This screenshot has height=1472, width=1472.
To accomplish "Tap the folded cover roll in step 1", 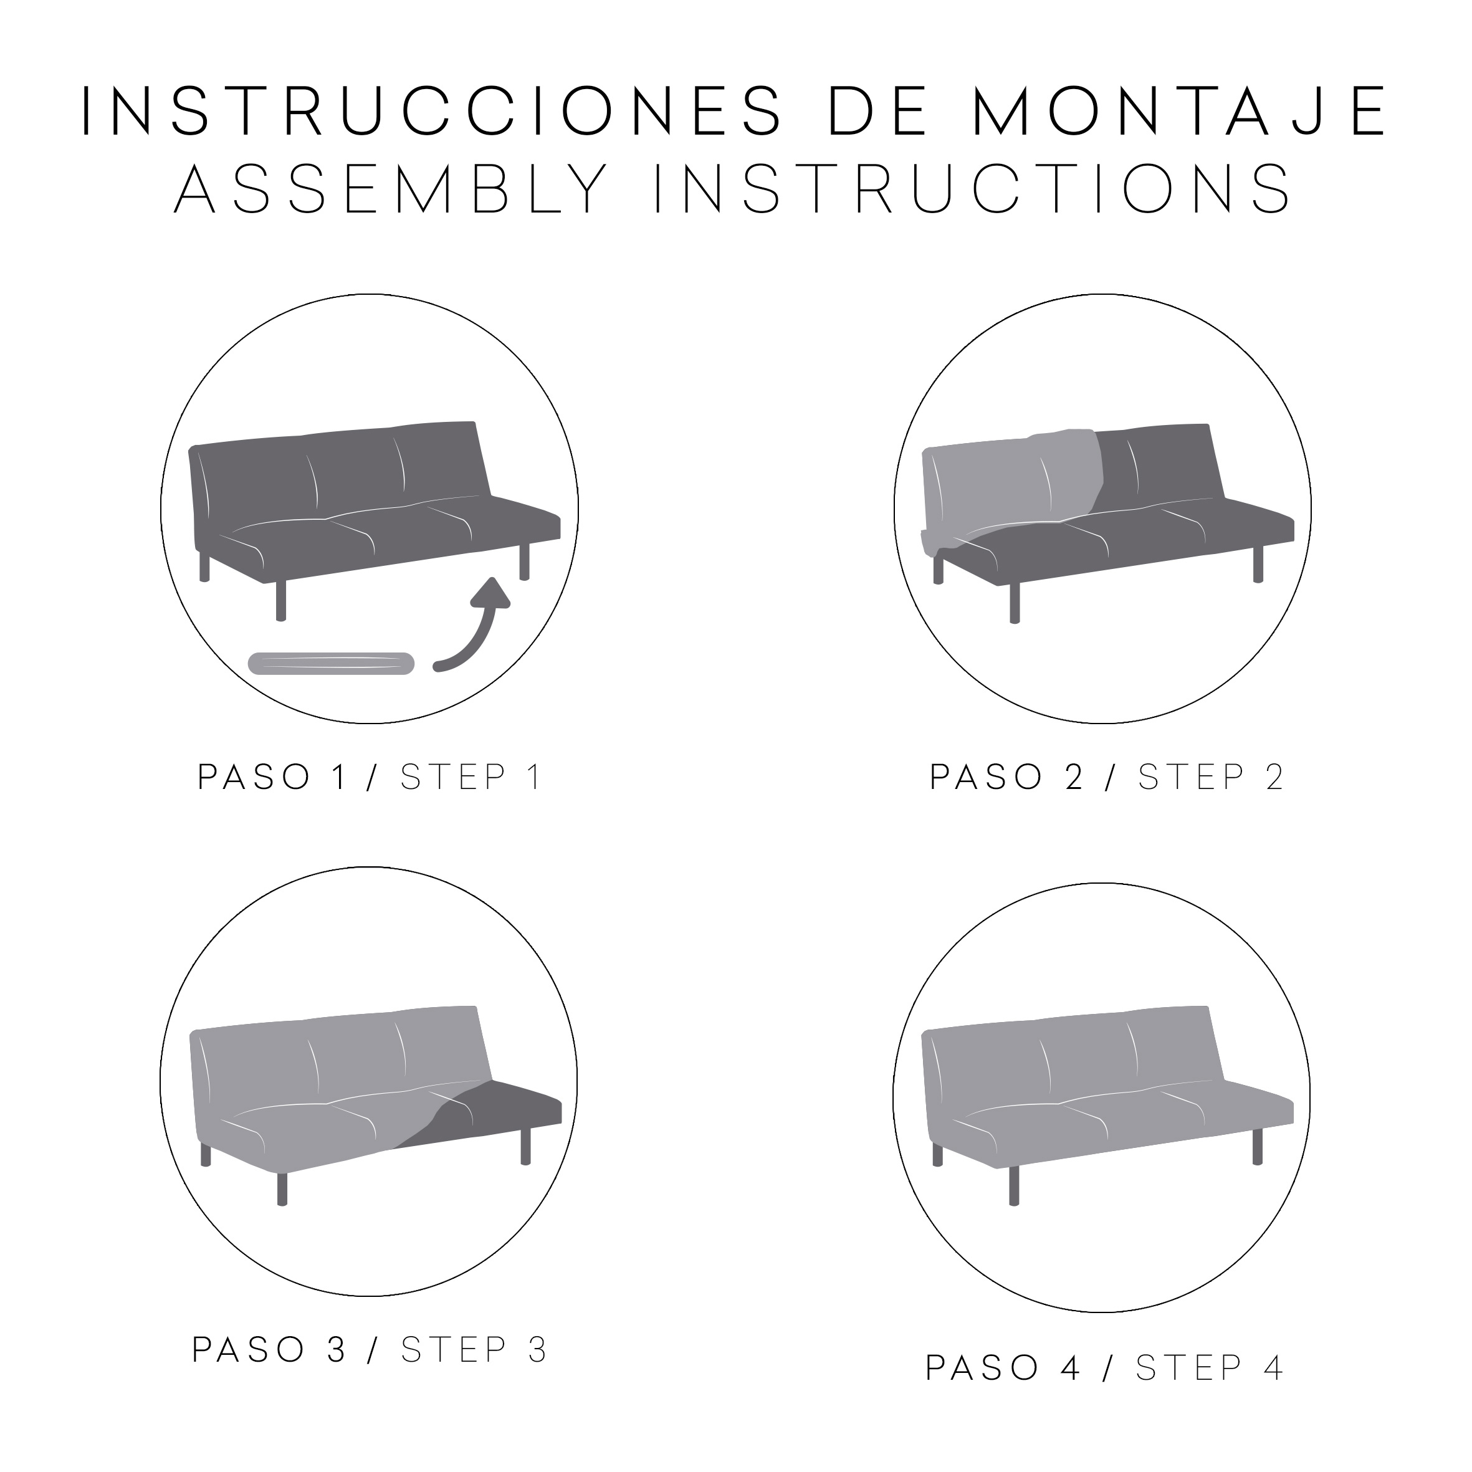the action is coord(332,663).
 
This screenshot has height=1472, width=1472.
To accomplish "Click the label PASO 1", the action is coord(274,777).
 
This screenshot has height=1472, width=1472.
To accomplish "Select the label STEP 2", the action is coord(1212,777).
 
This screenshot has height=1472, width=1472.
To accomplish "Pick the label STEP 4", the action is coord(1210,1369).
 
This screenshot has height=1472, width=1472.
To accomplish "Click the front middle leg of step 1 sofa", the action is coord(280,602).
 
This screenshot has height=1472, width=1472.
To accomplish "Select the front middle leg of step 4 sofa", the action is coord(1014,1187).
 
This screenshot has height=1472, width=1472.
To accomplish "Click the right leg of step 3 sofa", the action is coord(525,1147).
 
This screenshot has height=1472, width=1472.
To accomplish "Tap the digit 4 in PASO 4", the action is coord(1071,1369).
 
